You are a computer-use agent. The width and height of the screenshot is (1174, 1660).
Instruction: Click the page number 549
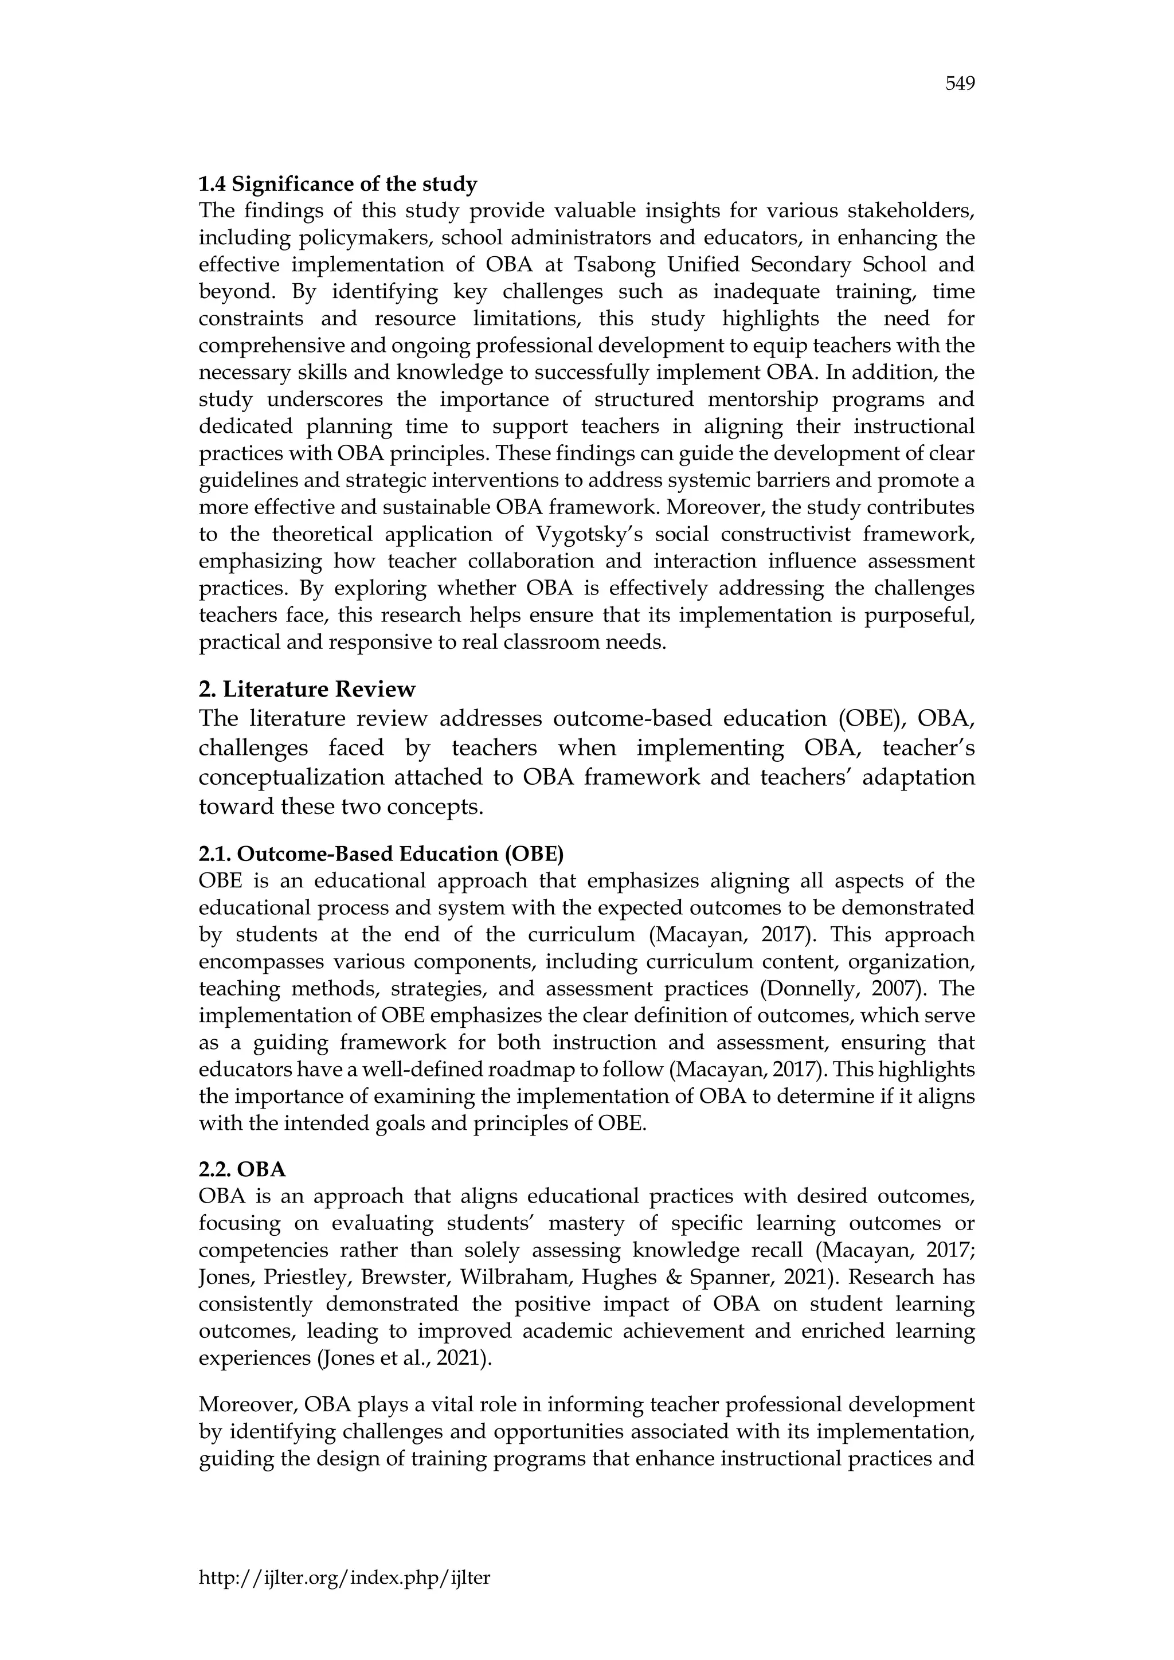960,85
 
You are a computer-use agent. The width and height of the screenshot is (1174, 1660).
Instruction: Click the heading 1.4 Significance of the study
338,185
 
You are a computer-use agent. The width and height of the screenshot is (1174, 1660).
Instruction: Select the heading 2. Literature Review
307,689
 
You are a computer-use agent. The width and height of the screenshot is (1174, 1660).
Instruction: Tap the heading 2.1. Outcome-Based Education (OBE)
381,854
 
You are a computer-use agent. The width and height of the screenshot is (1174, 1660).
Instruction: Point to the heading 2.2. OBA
242,1169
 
